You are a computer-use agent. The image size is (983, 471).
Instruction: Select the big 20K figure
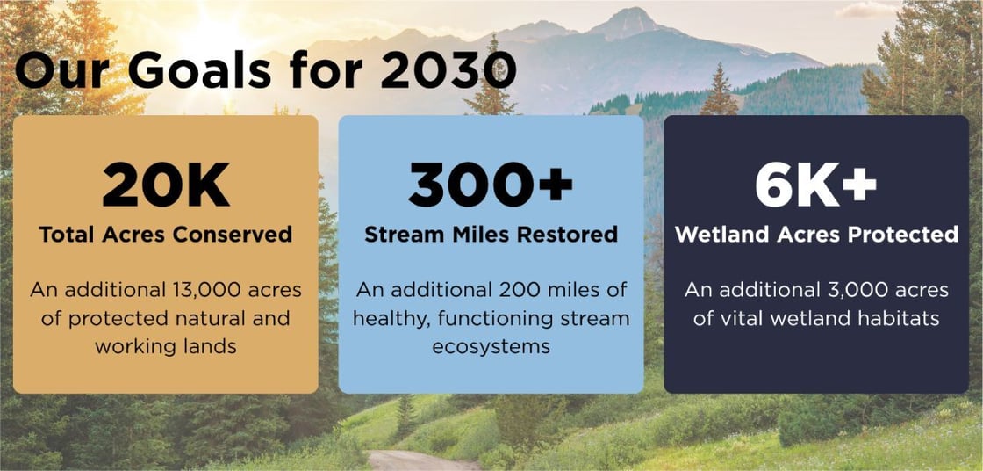click(165, 185)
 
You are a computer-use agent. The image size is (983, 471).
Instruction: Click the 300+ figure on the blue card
click(491, 185)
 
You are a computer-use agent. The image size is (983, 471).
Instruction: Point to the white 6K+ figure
click(816, 185)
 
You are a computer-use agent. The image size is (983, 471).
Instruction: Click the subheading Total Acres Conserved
click(165, 235)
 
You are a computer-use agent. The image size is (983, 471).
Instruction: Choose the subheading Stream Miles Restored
click(491, 235)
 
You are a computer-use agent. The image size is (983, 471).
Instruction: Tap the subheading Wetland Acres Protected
click(816, 235)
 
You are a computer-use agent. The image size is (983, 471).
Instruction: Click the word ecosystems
click(491, 346)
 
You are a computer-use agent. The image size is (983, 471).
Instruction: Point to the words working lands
click(165, 346)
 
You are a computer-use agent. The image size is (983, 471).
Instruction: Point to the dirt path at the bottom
click(413, 460)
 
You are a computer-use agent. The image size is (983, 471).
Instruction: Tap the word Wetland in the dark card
click(719, 235)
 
